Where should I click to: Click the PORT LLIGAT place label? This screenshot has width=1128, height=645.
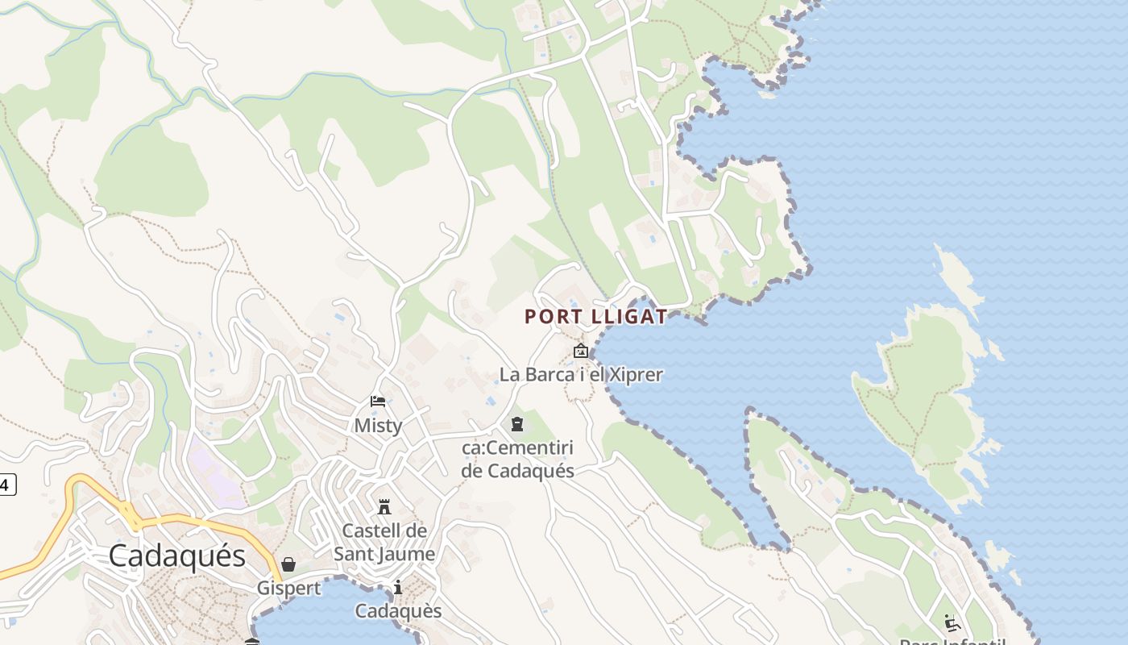[x=596, y=316]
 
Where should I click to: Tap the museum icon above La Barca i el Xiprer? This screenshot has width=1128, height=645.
[x=580, y=351]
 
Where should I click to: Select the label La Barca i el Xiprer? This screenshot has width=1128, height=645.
[x=581, y=375]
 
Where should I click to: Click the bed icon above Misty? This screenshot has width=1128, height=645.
[x=377, y=402]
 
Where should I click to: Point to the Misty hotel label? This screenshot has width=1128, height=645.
[x=378, y=425]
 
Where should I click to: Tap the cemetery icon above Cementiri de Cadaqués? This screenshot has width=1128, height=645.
[x=516, y=424]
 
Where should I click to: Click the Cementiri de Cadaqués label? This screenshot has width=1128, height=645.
[x=517, y=459]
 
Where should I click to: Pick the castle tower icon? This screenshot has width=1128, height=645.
[x=384, y=507]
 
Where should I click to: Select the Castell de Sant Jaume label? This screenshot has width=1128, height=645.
[x=384, y=542]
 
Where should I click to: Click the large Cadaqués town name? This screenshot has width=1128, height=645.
[x=176, y=556]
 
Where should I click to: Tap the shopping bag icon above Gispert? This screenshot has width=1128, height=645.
[x=288, y=564]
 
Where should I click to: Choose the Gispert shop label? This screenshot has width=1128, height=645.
[x=288, y=589]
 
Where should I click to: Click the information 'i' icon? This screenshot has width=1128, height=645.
[x=397, y=588]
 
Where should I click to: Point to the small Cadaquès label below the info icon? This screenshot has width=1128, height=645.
[x=398, y=611]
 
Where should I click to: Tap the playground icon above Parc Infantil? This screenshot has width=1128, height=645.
[x=952, y=622]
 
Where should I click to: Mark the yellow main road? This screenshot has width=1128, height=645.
[x=201, y=522]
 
